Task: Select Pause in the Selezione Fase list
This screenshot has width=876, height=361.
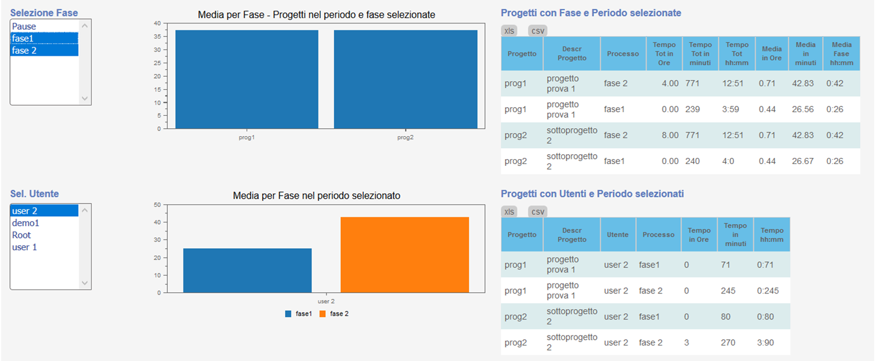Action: pos(24,27)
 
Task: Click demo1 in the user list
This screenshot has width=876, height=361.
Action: pos(25,223)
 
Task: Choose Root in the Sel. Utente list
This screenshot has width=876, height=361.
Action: pos(22,235)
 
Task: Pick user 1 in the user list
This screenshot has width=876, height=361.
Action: pos(25,247)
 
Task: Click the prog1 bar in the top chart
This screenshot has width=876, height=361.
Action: pos(247,79)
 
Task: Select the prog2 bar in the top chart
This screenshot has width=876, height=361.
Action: pos(405,79)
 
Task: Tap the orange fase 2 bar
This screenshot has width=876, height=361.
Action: pos(405,254)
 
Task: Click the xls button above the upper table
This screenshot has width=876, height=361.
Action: pos(509,30)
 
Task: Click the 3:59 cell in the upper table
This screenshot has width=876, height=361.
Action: pos(731,110)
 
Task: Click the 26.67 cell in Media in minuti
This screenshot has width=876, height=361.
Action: pos(803,162)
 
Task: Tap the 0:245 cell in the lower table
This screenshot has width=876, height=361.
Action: pos(768,291)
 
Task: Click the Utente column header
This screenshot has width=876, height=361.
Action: pos(618,235)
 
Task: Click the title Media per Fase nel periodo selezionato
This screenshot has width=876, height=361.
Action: pos(317,196)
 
